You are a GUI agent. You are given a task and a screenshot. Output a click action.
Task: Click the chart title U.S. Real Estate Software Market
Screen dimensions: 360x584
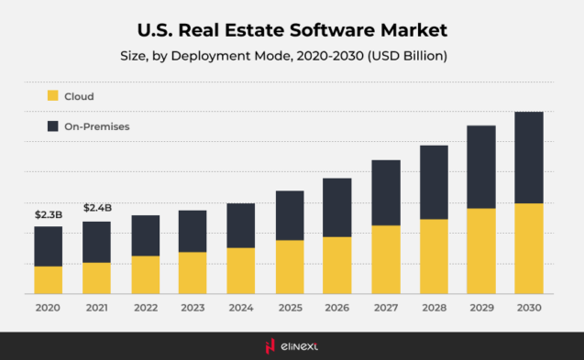tap(292, 31)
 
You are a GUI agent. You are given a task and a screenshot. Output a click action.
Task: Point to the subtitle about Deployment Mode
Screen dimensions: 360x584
tap(292, 56)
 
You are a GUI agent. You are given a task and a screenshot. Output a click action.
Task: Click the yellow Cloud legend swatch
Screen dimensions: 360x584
tap(52, 96)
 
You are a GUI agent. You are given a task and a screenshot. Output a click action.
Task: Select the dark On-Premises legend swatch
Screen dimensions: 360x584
tap(52, 126)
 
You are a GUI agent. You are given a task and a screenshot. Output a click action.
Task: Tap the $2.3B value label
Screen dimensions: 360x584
tap(48, 214)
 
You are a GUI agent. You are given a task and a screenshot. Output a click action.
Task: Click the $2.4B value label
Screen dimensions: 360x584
tap(97, 208)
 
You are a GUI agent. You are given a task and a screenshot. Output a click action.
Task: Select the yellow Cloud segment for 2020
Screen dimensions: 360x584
tap(49, 279)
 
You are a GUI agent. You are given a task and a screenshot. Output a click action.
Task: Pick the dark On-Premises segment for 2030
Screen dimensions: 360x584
tap(529, 158)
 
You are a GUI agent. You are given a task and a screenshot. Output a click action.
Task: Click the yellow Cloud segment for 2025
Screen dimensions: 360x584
tap(290, 267)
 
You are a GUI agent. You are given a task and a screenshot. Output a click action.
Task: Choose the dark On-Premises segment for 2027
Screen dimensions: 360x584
tap(385, 192)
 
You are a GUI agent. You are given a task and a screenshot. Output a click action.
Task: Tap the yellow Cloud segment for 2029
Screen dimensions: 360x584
tap(481, 251)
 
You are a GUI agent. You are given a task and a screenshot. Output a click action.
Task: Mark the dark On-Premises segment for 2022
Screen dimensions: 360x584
tap(145, 235)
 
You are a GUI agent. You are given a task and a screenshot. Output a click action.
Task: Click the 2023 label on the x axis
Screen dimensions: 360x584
tap(193, 309)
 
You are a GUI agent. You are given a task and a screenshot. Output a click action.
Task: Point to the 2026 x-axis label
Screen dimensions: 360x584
tap(337, 309)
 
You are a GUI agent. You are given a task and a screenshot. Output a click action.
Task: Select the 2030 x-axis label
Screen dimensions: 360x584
tap(529, 309)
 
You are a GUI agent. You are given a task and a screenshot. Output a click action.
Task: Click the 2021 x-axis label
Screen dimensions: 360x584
tap(96, 309)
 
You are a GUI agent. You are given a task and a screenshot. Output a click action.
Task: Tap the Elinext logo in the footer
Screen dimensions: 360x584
tap(292, 345)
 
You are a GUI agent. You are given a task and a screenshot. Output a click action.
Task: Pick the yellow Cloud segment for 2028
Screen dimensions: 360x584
tap(434, 256)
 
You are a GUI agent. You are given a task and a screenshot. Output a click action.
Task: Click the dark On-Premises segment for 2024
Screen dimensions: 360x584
tap(241, 225)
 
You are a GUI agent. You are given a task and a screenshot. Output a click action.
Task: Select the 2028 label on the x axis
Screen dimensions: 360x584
tap(434, 309)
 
